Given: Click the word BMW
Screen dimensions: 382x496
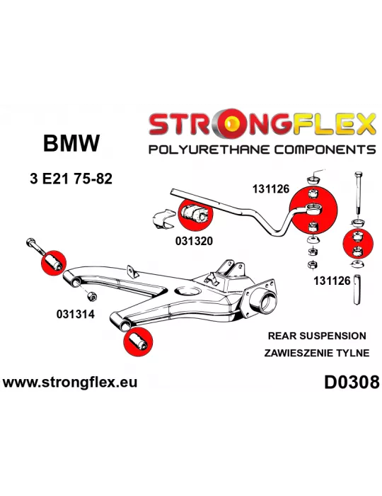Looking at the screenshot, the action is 71,143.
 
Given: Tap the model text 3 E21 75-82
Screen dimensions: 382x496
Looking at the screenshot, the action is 71,179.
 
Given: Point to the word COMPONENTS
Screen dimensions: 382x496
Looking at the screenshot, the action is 325,149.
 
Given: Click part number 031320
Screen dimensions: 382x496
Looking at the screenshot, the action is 194,241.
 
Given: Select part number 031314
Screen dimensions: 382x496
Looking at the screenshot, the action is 76,314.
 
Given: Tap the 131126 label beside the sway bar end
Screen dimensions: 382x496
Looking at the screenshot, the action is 270,189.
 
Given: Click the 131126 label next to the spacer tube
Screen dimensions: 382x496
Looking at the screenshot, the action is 332,281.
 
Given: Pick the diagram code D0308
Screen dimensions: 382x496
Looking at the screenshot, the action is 352,382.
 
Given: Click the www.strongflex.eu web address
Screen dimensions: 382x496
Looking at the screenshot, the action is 70,382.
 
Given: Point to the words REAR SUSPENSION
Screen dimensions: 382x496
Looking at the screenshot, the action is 317,336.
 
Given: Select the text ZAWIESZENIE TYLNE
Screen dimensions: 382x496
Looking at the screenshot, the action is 317,353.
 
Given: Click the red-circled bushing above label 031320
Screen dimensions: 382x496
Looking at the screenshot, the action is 195,214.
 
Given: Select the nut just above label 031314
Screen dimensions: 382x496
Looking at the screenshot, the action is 91,296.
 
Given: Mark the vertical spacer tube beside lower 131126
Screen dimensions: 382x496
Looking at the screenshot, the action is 357,289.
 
